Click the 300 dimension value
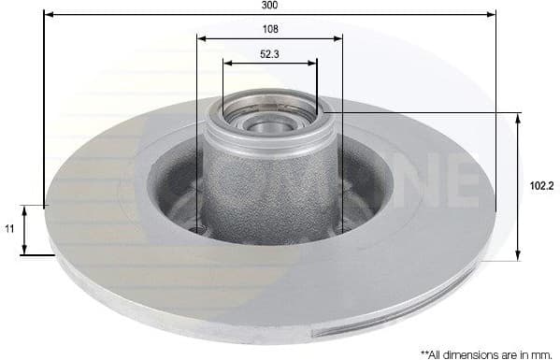(x=269, y=6)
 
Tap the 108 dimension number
(x=269, y=29)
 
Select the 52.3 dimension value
(x=269, y=54)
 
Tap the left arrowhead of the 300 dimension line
(x=48, y=15)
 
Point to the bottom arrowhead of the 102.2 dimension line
(x=518, y=257)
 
